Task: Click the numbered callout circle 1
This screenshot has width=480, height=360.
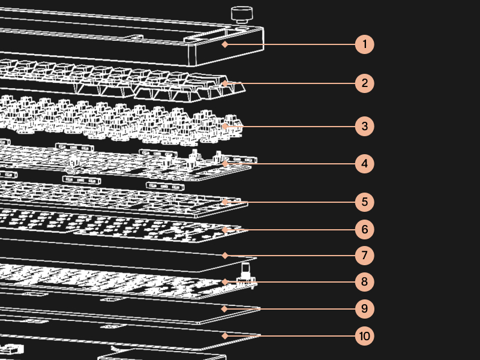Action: tap(364, 44)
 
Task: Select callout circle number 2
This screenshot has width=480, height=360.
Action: tap(364, 83)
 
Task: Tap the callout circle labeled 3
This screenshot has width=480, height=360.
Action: tap(364, 126)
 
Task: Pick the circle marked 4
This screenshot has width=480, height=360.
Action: tap(364, 163)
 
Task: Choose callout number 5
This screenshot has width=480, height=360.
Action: tap(364, 202)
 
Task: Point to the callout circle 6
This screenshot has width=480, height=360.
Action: tap(364, 229)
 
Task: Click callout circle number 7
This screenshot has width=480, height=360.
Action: tap(364, 255)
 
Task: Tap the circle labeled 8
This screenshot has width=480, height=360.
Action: tap(364, 281)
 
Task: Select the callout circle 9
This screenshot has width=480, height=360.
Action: tap(364, 309)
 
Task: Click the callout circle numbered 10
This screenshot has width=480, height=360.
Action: tap(364, 335)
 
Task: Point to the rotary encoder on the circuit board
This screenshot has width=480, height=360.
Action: tap(245, 273)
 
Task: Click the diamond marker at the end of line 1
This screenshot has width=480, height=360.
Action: tap(224, 44)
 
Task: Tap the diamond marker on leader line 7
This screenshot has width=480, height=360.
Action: tap(224, 255)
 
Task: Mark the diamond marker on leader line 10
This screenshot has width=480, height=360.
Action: tap(224, 335)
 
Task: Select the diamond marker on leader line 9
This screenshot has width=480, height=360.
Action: tap(224, 309)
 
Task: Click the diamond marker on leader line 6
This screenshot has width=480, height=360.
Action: tap(224, 229)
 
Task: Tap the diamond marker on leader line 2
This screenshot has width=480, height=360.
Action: tap(224, 83)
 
